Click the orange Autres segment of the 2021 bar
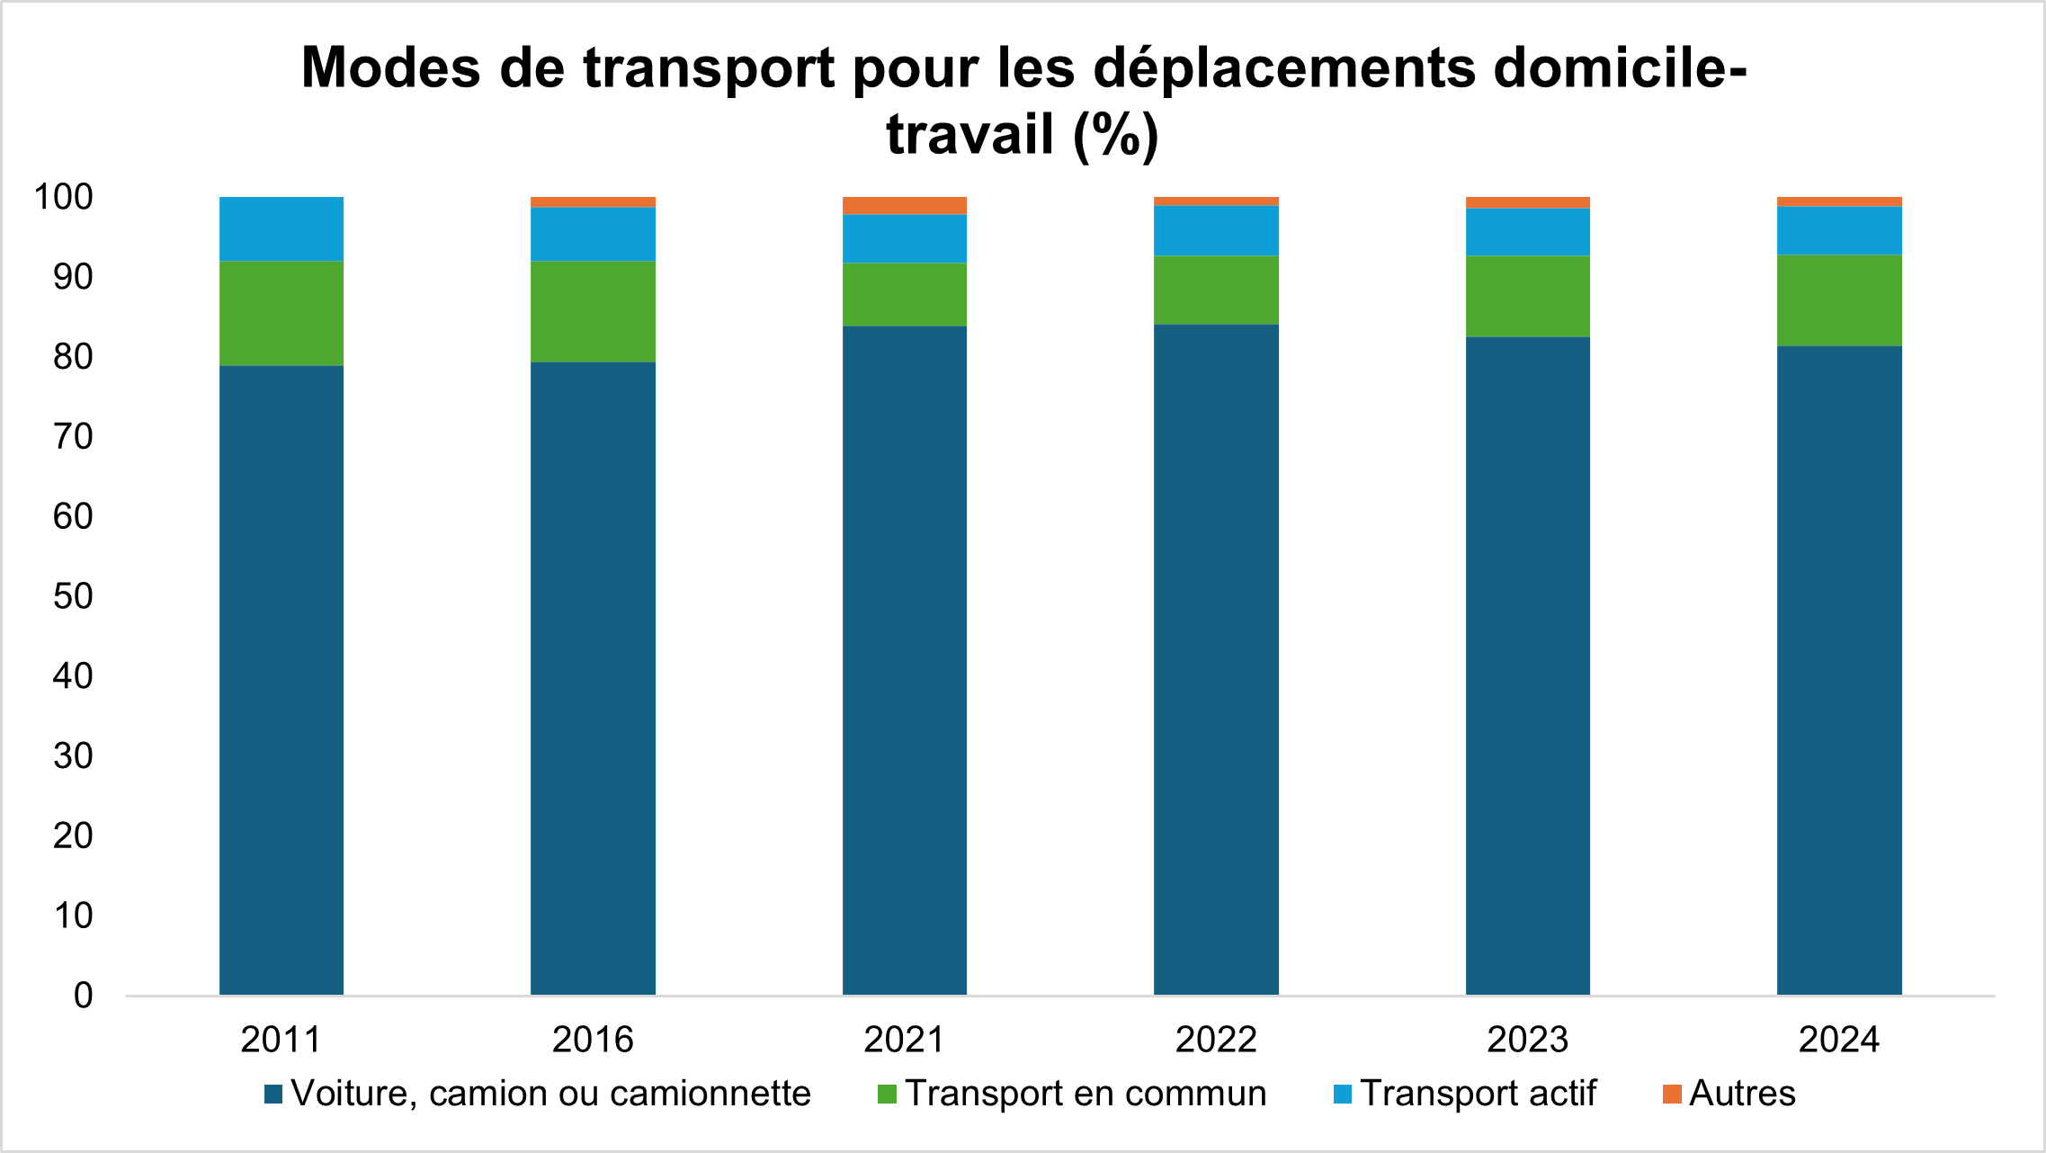click(904, 205)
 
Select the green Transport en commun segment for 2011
click(281, 313)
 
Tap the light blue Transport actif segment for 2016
click(593, 234)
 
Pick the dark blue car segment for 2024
click(1839, 670)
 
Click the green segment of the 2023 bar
click(1527, 296)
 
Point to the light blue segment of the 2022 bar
click(1216, 230)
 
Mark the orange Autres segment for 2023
click(1527, 202)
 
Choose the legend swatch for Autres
click(1672, 1095)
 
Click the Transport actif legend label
click(1478, 1094)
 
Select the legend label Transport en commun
click(1086, 1094)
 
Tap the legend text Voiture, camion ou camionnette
click(550, 1094)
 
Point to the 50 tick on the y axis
click(73, 596)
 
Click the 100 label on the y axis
click(63, 197)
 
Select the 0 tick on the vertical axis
click(83, 996)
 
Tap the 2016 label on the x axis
click(593, 1040)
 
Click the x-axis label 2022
click(1216, 1040)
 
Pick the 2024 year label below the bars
click(1839, 1040)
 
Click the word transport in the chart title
click(709, 68)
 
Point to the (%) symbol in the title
click(1115, 135)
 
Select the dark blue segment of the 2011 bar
click(281, 680)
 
